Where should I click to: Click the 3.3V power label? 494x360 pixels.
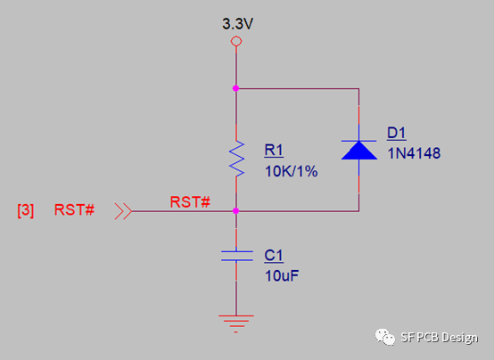(237, 24)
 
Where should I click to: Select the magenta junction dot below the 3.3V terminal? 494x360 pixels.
(235, 88)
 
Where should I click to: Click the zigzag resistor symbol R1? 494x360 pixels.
(236, 159)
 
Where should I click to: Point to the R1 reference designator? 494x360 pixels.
(274, 151)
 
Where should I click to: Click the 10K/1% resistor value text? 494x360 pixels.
(291, 172)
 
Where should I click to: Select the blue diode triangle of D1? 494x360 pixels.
(359, 151)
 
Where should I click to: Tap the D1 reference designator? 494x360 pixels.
(396, 134)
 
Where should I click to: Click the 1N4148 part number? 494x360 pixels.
(414, 153)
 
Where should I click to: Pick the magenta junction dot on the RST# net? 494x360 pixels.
(235, 210)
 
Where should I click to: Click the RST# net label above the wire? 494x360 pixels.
(190, 202)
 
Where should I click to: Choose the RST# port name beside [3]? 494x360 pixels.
(74, 209)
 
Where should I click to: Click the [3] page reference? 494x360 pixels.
(26, 210)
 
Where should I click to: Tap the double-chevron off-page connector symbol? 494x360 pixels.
(123, 211)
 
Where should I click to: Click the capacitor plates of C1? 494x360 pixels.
(236, 256)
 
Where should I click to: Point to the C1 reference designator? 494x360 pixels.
(274, 256)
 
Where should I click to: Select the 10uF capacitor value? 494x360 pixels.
(282, 276)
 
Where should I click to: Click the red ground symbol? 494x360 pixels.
(236, 323)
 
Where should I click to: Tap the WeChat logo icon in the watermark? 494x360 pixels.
(384, 337)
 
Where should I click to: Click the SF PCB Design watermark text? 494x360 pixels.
(440, 338)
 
